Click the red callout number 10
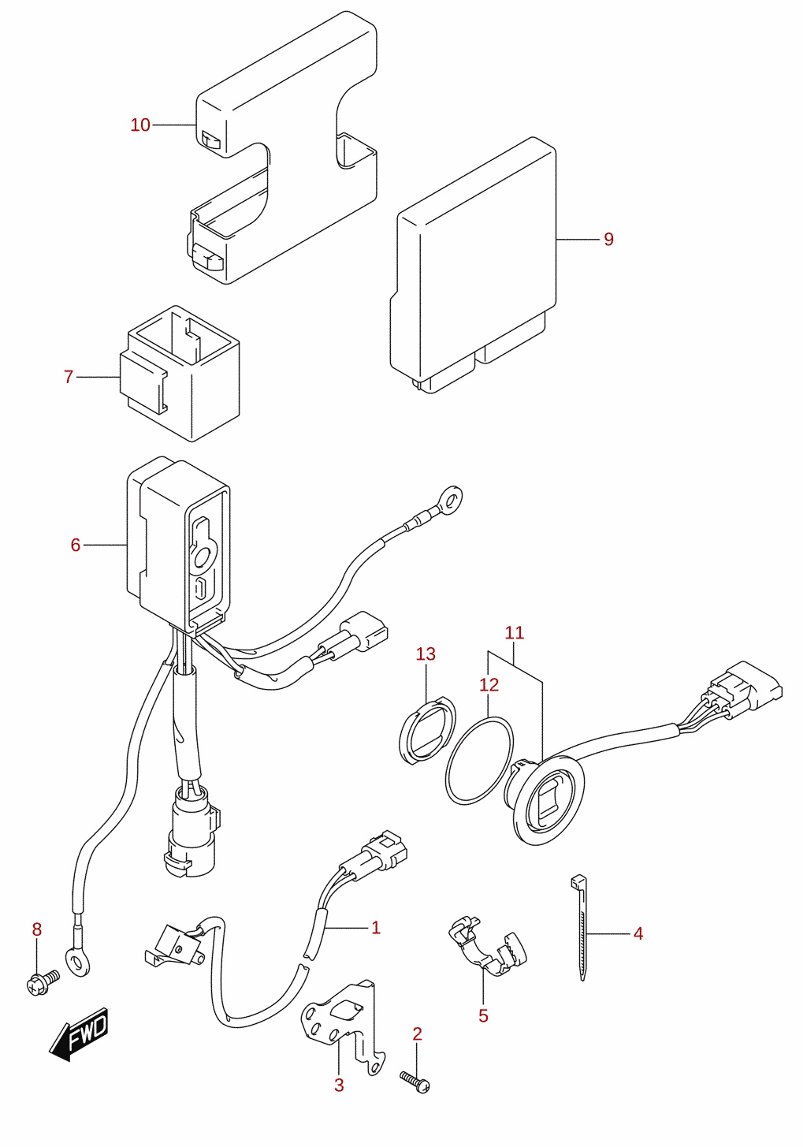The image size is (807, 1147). pyautogui.click(x=140, y=125)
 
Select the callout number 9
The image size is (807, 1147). pyautogui.click(x=608, y=239)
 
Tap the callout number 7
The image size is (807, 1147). pyautogui.click(x=69, y=377)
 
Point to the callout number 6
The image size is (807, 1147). pyautogui.click(x=76, y=545)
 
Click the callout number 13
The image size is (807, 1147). pyautogui.click(x=426, y=654)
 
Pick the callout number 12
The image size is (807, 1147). pyautogui.click(x=489, y=684)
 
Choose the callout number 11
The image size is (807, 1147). pyautogui.click(x=515, y=633)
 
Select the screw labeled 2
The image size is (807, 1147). pyautogui.click(x=415, y=1082)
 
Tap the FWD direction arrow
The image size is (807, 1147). pyautogui.click(x=80, y=1033)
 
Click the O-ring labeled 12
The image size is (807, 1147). pyautogui.click(x=479, y=761)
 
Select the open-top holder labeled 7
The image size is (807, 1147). pyautogui.click(x=180, y=374)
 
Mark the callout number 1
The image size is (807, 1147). pyautogui.click(x=376, y=928)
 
